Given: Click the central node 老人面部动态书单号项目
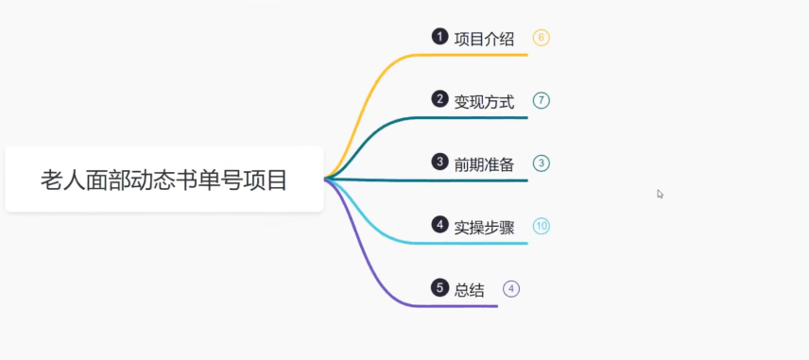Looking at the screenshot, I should click(164, 179).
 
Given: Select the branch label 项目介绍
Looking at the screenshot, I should click(484, 39).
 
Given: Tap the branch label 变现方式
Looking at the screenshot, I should click(484, 101).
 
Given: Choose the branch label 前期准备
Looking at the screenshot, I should click(484, 163).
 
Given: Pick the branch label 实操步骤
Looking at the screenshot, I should click(484, 227).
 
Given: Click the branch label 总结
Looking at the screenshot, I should click(469, 289).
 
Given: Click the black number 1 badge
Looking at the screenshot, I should click(439, 37).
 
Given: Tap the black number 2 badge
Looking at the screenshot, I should click(439, 99).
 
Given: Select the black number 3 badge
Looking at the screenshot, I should click(439, 162).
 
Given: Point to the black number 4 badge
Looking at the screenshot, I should click(439, 225).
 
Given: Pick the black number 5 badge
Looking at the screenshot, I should click(439, 287).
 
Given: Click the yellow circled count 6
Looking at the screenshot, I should click(541, 38).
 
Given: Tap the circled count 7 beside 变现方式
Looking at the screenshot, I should click(541, 100).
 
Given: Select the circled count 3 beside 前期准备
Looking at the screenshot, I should click(541, 163).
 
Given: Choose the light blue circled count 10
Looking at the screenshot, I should click(541, 226).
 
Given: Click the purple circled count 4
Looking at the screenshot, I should click(511, 288).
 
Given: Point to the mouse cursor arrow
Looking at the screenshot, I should click(660, 193).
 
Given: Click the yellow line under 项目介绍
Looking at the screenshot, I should click(473, 55).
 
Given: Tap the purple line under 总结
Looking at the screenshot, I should click(454, 306).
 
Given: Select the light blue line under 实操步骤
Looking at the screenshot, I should click(473, 243).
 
